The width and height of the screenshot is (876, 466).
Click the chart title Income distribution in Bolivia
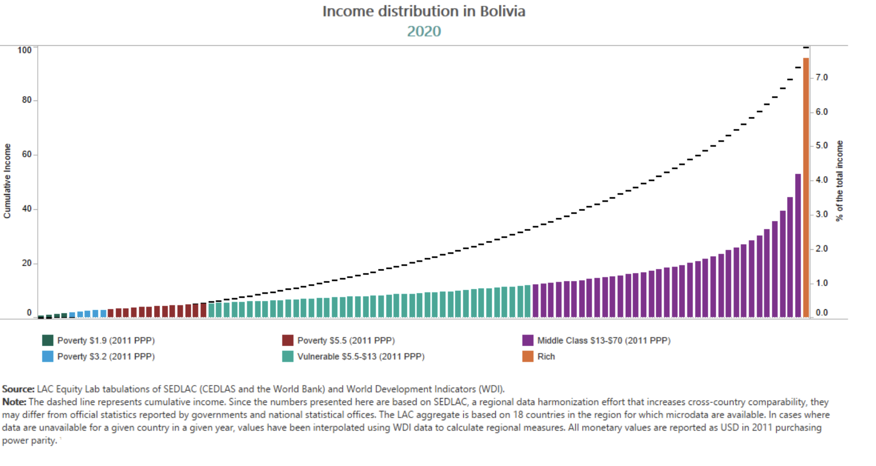424,12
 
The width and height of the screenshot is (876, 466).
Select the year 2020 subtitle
424,31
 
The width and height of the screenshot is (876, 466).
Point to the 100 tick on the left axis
24,50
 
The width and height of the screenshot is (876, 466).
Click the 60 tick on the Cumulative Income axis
26,154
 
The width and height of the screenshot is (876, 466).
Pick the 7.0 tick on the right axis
821,77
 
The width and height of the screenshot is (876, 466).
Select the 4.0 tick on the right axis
821,180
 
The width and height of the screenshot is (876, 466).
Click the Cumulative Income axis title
7,181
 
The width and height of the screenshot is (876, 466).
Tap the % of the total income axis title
839,181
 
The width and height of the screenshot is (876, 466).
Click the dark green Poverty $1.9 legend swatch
48,340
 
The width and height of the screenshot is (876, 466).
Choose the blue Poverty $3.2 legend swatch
48,356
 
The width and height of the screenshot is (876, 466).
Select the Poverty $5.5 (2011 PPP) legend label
345,340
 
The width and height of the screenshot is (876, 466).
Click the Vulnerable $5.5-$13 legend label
361,356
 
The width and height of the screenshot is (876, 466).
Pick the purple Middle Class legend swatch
528,340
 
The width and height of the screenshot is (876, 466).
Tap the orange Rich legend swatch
528,356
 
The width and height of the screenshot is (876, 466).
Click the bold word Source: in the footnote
18,389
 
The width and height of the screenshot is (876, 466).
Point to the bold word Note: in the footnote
14,402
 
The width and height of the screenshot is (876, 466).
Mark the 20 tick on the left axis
26,263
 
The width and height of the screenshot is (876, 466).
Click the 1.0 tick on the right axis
821,283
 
